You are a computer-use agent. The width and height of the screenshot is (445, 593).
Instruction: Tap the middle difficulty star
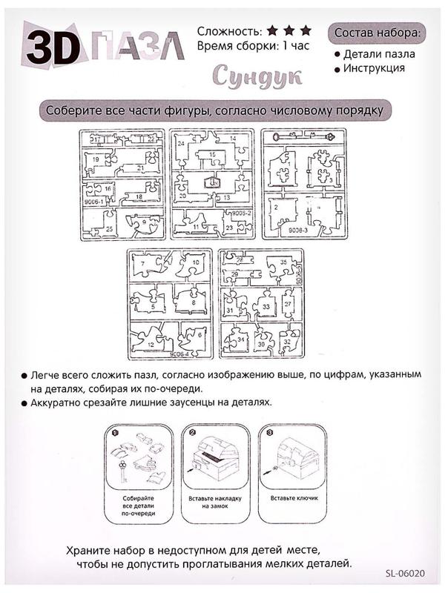pyautogui.click(x=289, y=31)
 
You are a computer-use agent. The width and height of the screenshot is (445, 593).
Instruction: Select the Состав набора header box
pyautogui.click(x=380, y=33)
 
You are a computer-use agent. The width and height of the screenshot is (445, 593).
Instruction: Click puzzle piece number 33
pyautogui.click(x=265, y=306)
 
